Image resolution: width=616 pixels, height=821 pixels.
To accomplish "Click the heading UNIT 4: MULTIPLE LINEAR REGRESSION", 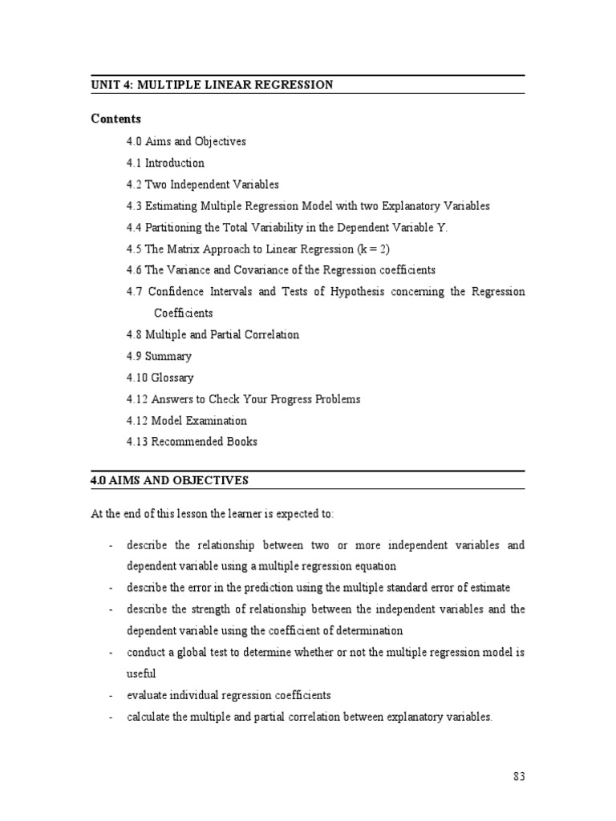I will click(212, 85).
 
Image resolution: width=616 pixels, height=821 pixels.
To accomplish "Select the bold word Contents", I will click(115, 119).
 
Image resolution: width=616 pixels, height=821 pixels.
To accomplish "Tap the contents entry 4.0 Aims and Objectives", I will click(186, 141).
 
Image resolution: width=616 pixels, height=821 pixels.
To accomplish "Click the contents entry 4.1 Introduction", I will click(165, 163).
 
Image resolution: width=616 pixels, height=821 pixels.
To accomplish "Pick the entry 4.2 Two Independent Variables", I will click(202, 184).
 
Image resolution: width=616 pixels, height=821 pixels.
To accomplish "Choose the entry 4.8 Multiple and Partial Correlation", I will click(213, 334).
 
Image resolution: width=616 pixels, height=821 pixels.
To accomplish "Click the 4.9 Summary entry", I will click(159, 356).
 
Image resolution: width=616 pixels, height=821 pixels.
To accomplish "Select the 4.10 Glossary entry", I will click(160, 378).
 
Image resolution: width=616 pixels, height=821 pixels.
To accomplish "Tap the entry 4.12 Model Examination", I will click(186, 420).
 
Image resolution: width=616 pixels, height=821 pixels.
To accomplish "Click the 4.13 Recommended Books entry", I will click(192, 442).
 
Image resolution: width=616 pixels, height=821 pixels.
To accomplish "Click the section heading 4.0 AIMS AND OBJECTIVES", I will click(169, 480).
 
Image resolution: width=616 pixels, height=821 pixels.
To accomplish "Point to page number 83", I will click(518, 776).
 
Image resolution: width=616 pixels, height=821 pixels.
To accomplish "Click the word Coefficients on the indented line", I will click(184, 313).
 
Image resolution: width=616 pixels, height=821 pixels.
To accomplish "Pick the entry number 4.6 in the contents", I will click(134, 270).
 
